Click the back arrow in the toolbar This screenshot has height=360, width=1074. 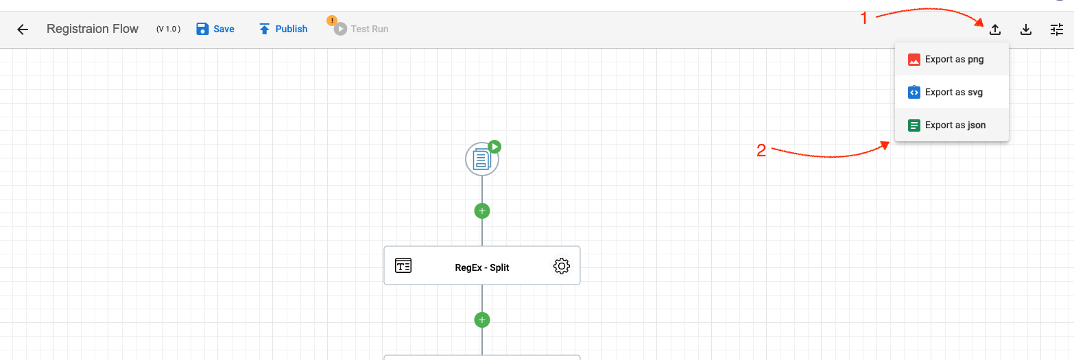23,29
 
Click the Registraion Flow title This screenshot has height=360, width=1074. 92,29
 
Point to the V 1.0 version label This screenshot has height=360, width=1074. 168,29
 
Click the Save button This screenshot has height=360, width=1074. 215,29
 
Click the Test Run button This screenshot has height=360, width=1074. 361,29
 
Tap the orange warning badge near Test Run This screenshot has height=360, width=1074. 332,21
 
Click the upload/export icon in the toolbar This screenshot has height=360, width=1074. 995,29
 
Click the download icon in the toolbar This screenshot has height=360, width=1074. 1025,29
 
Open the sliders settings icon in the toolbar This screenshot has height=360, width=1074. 1057,29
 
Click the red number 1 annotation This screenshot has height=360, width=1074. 864,19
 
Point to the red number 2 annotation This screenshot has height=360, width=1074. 761,151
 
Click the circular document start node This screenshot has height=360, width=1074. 482,159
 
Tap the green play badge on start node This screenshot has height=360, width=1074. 494,147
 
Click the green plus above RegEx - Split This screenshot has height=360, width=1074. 482,211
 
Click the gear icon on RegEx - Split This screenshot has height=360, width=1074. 562,266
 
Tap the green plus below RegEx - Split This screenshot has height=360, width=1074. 482,320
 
